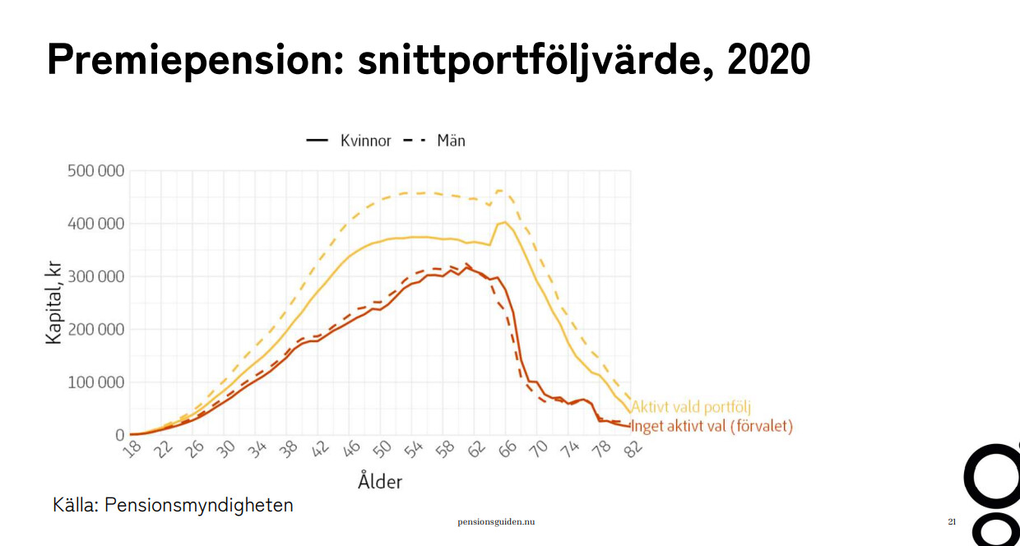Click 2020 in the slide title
tap(768, 59)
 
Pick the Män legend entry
tap(451, 141)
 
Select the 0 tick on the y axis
tap(120, 435)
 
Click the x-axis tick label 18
tap(132, 448)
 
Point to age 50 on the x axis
tap(382, 448)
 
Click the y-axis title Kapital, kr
tap(54, 303)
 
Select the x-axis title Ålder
tap(380, 480)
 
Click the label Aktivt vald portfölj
tap(691, 407)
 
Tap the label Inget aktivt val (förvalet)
tap(712, 426)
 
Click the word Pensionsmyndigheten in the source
tap(198, 504)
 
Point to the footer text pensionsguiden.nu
tap(496, 522)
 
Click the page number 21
tap(952, 522)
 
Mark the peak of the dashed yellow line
tap(499, 190)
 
